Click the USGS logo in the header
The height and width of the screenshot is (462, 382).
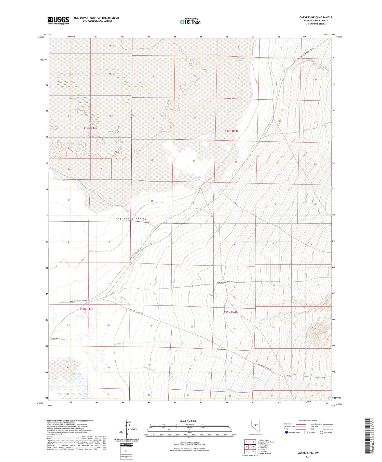click(x=58, y=20)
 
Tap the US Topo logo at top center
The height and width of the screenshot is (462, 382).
click(x=190, y=22)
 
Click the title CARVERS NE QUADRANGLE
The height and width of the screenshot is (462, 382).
click(x=316, y=17)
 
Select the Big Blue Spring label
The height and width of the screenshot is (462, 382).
click(x=198, y=178)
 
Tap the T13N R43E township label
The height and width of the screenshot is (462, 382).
click(x=90, y=128)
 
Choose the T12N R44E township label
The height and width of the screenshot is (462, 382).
click(x=230, y=312)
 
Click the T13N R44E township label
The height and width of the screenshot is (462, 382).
click(x=231, y=131)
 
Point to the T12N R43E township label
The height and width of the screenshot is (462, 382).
click(x=86, y=309)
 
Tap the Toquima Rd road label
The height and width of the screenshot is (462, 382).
click(x=56, y=339)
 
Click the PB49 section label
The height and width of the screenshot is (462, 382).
click(x=111, y=116)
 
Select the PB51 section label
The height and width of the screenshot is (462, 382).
click(x=69, y=148)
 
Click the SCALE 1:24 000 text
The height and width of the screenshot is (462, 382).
click(x=188, y=421)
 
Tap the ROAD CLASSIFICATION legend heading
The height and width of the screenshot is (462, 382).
click(x=308, y=420)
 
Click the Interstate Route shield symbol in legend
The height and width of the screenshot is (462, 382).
click(x=286, y=432)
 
